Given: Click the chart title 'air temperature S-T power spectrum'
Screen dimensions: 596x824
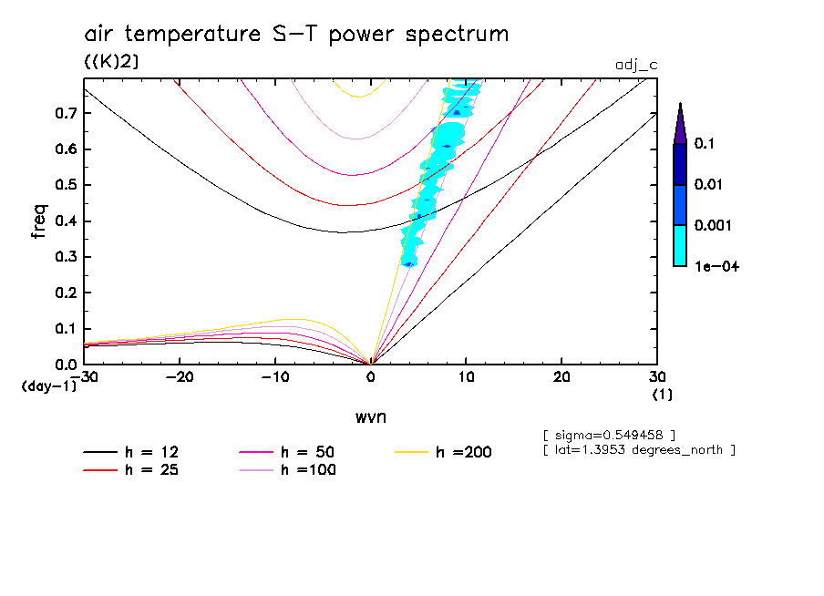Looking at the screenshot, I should [296, 35].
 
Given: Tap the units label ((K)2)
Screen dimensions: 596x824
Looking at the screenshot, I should [111, 61].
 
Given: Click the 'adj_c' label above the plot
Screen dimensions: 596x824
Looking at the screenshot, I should [635, 65].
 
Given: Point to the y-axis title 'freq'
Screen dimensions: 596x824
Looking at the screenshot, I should [39, 221].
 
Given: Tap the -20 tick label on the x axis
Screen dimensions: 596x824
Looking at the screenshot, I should [180, 376].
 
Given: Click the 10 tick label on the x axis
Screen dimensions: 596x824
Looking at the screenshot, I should [466, 376].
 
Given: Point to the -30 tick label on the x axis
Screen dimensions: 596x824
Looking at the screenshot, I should [84, 376].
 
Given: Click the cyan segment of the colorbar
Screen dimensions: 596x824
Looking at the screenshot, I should [679, 245].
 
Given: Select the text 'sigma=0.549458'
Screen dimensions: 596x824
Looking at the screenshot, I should [609, 433].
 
